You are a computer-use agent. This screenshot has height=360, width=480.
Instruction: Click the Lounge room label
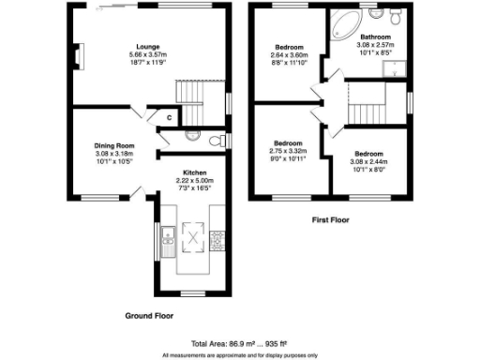[x=146, y=46]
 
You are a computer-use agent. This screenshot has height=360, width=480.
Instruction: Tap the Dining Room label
[x=114, y=145]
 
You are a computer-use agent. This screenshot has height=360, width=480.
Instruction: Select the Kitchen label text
[x=195, y=172]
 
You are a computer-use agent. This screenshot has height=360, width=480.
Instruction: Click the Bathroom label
[x=375, y=37]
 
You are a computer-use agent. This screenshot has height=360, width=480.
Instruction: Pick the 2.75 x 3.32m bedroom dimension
[x=289, y=150]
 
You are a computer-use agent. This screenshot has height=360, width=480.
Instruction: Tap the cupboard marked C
[x=168, y=117]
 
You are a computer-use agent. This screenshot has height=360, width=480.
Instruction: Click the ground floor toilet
[x=217, y=141]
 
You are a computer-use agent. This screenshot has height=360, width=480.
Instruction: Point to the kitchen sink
[x=167, y=242]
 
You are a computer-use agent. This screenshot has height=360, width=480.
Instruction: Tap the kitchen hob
[x=217, y=241]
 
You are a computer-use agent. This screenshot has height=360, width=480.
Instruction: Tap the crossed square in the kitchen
[x=193, y=237]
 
